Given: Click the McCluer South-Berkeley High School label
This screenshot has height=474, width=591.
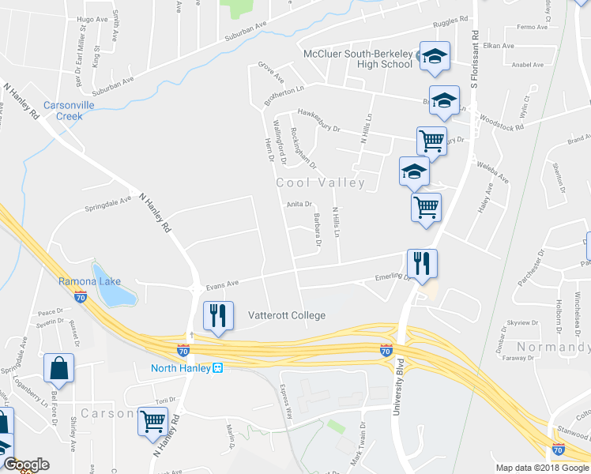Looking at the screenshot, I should click(359, 58).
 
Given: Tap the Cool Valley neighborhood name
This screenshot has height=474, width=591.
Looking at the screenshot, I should click(320, 183).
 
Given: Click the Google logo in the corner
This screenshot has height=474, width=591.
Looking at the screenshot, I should click(26, 465).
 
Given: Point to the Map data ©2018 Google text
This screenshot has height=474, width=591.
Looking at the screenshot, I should click(541, 468).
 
